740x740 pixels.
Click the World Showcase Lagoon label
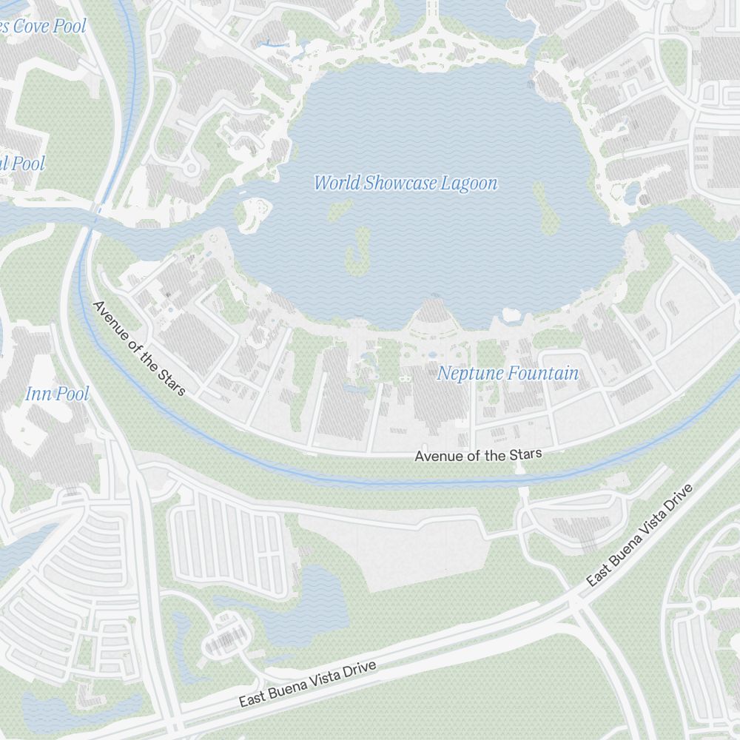406,184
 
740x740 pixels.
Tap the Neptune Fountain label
508,374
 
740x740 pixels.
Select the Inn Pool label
57,394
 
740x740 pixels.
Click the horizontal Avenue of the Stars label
478,455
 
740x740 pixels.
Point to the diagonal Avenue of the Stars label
139,348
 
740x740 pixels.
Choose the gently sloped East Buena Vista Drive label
307,684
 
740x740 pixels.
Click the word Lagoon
469,184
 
